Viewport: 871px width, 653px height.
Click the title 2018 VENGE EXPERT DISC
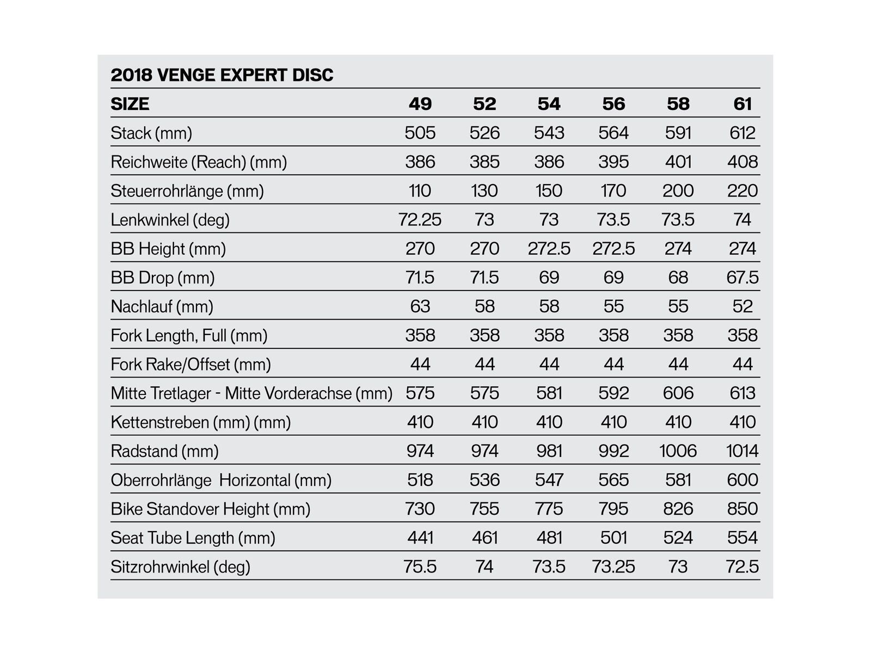pos(222,75)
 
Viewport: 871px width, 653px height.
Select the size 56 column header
pos(614,104)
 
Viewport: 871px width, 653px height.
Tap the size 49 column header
pos(420,104)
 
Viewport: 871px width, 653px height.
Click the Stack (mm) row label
pos(151,133)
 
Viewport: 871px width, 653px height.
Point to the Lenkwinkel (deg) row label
pos(170,220)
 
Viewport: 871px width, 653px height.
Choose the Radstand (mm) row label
pos(164,451)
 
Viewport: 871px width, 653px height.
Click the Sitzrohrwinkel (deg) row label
pos(180,567)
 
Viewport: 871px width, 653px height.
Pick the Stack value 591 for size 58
pos(678,133)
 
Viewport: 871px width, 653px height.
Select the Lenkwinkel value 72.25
pos(420,220)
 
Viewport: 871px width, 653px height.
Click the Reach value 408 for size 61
pos(743,162)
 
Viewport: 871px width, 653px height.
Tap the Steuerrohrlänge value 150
pos(549,191)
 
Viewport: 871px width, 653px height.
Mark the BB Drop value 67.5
pos(743,278)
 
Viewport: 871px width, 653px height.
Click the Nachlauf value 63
pos(420,306)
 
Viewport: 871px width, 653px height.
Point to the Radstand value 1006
pos(678,451)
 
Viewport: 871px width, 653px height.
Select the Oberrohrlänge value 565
pos(614,480)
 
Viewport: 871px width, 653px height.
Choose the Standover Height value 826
pos(678,509)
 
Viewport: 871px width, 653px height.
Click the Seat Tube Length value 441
pos(420,538)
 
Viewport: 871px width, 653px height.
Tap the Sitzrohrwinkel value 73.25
pos(614,567)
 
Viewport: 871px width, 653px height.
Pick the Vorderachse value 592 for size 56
pos(614,393)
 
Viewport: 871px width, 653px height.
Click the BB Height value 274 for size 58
pos(678,249)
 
